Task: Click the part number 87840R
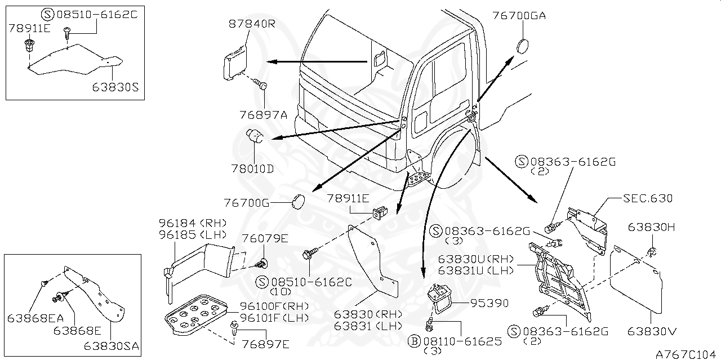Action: pyautogui.click(x=252, y=24)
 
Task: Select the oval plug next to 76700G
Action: pyautogui.click(x=299, y=201)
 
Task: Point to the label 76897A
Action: pyautogui.click(x=264, y=114)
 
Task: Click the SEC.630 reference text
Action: pyautogui.click(x=647, y=198)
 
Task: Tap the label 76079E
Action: pyautogui.click(x=265, y=238)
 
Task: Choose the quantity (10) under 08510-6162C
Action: pyautogui.click(x=279, y=292)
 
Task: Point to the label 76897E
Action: pyautogui.click(x=265, y=344)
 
